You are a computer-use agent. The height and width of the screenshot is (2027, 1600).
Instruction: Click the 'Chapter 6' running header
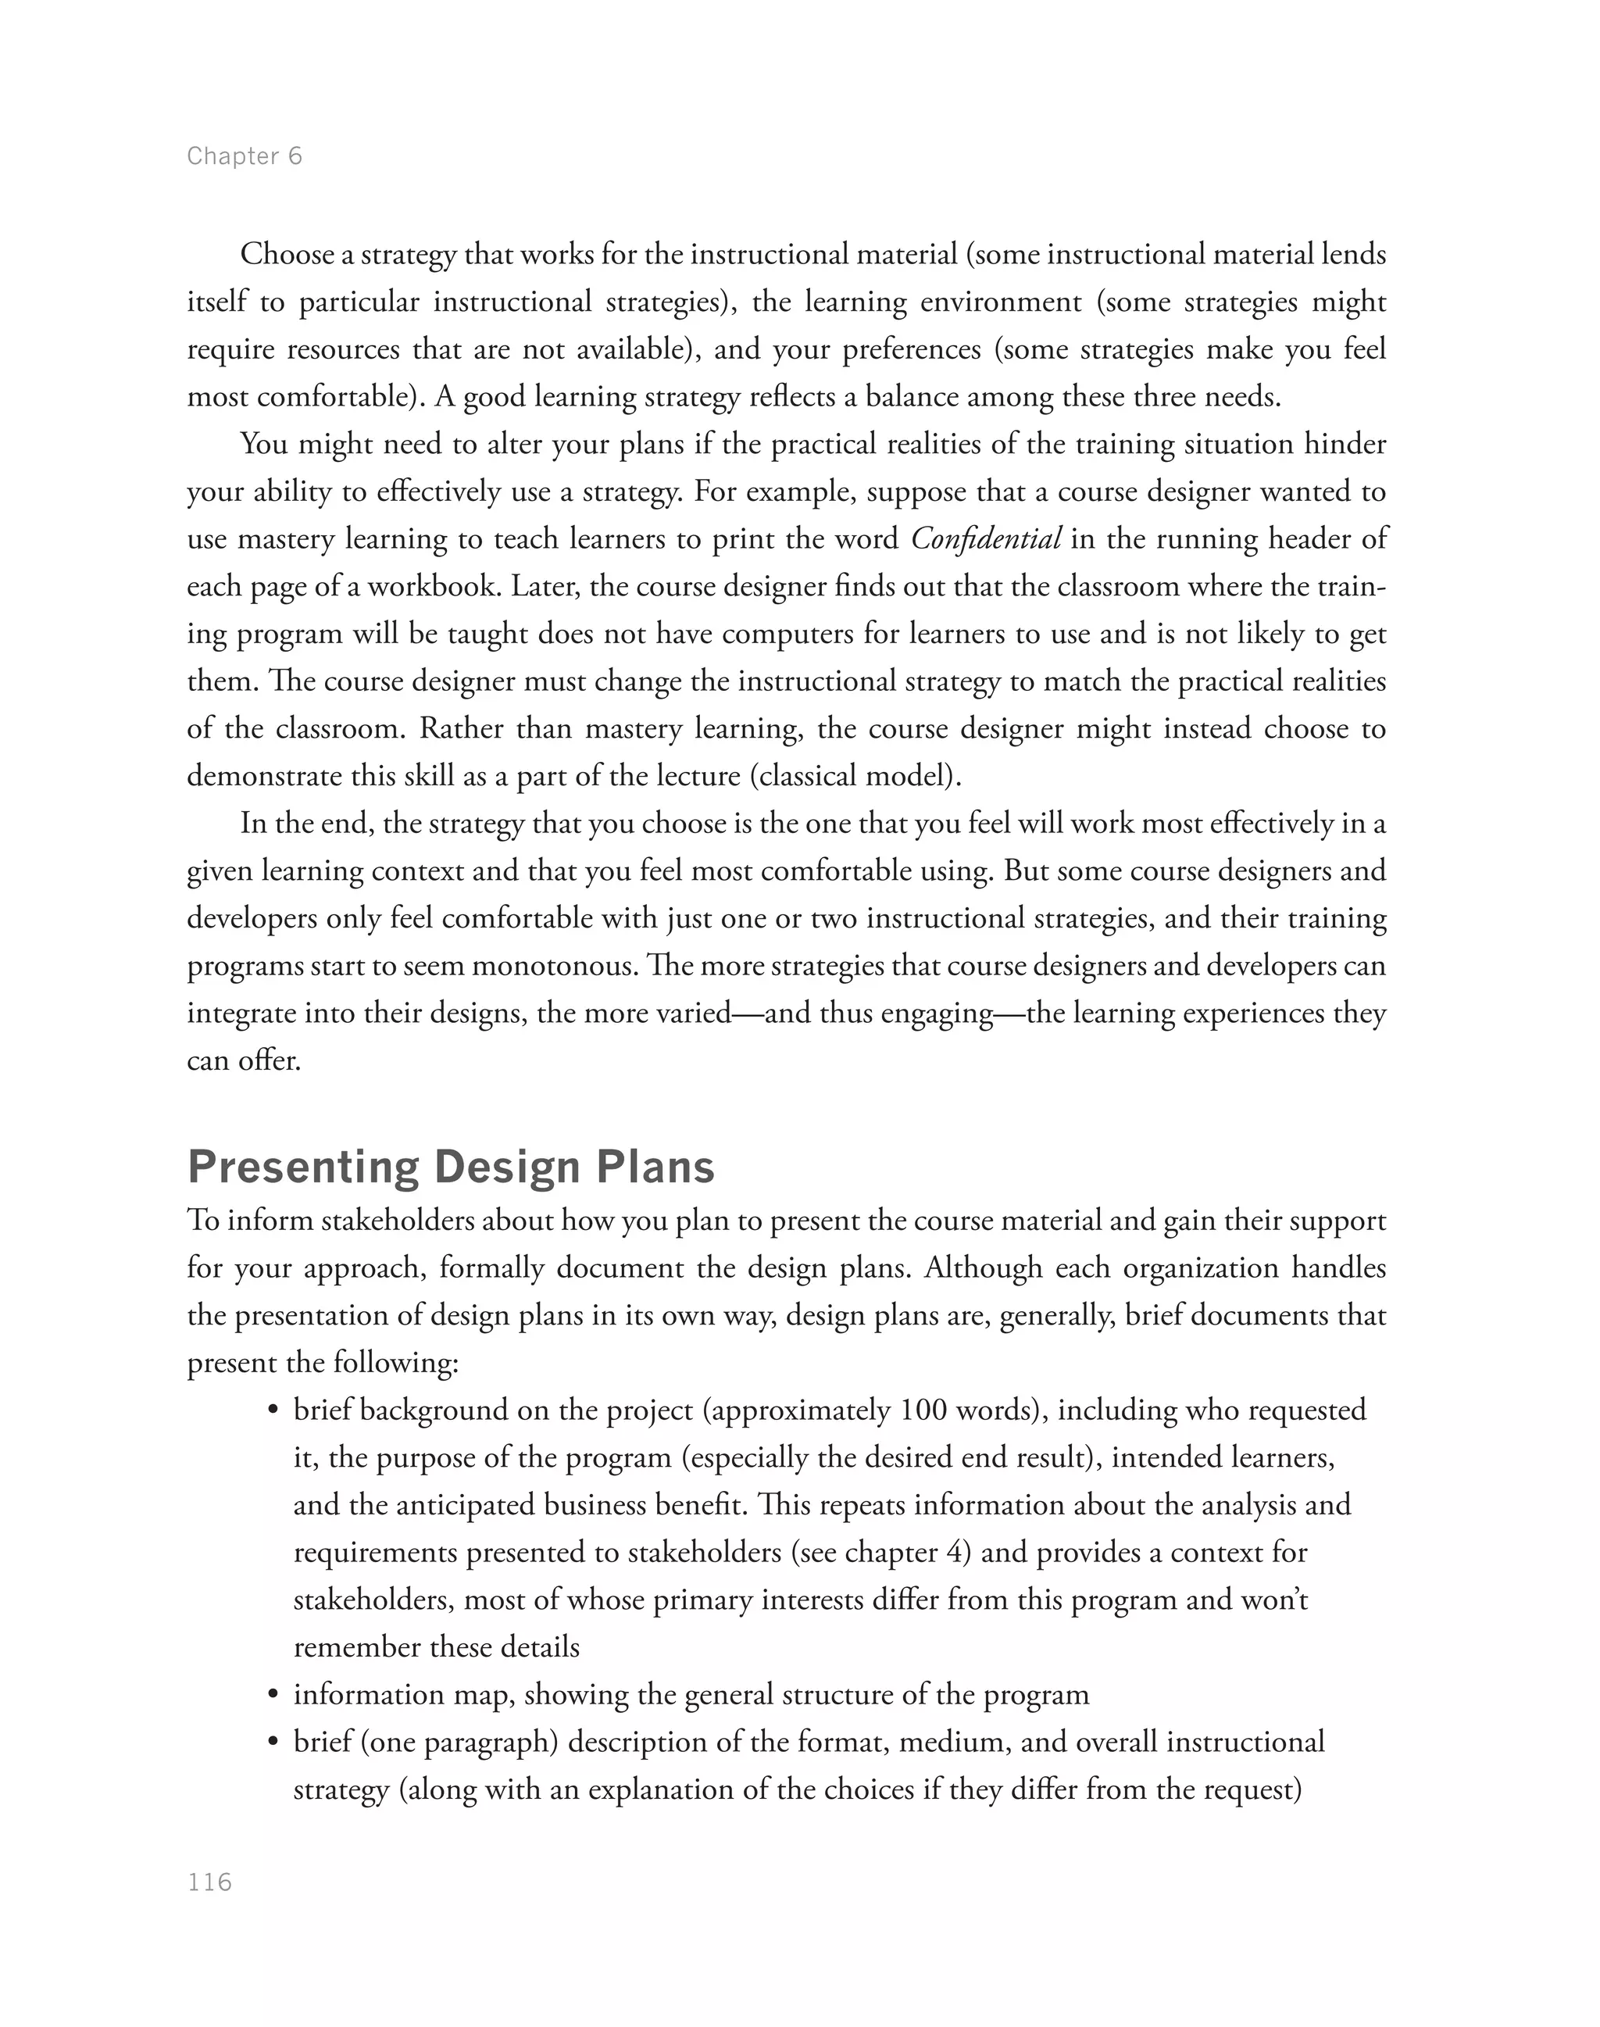coord(245,156)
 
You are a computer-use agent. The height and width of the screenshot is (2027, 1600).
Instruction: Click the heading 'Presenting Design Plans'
coord(451,1167)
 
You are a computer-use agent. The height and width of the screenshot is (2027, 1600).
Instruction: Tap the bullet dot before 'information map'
coord(273,1695)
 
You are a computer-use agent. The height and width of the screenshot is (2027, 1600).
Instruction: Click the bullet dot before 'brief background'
coord(273,1411)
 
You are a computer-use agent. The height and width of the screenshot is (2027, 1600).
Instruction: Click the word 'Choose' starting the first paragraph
coord(287,254)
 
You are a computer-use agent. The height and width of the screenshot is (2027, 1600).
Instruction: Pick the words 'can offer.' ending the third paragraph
coord(244,1061)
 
